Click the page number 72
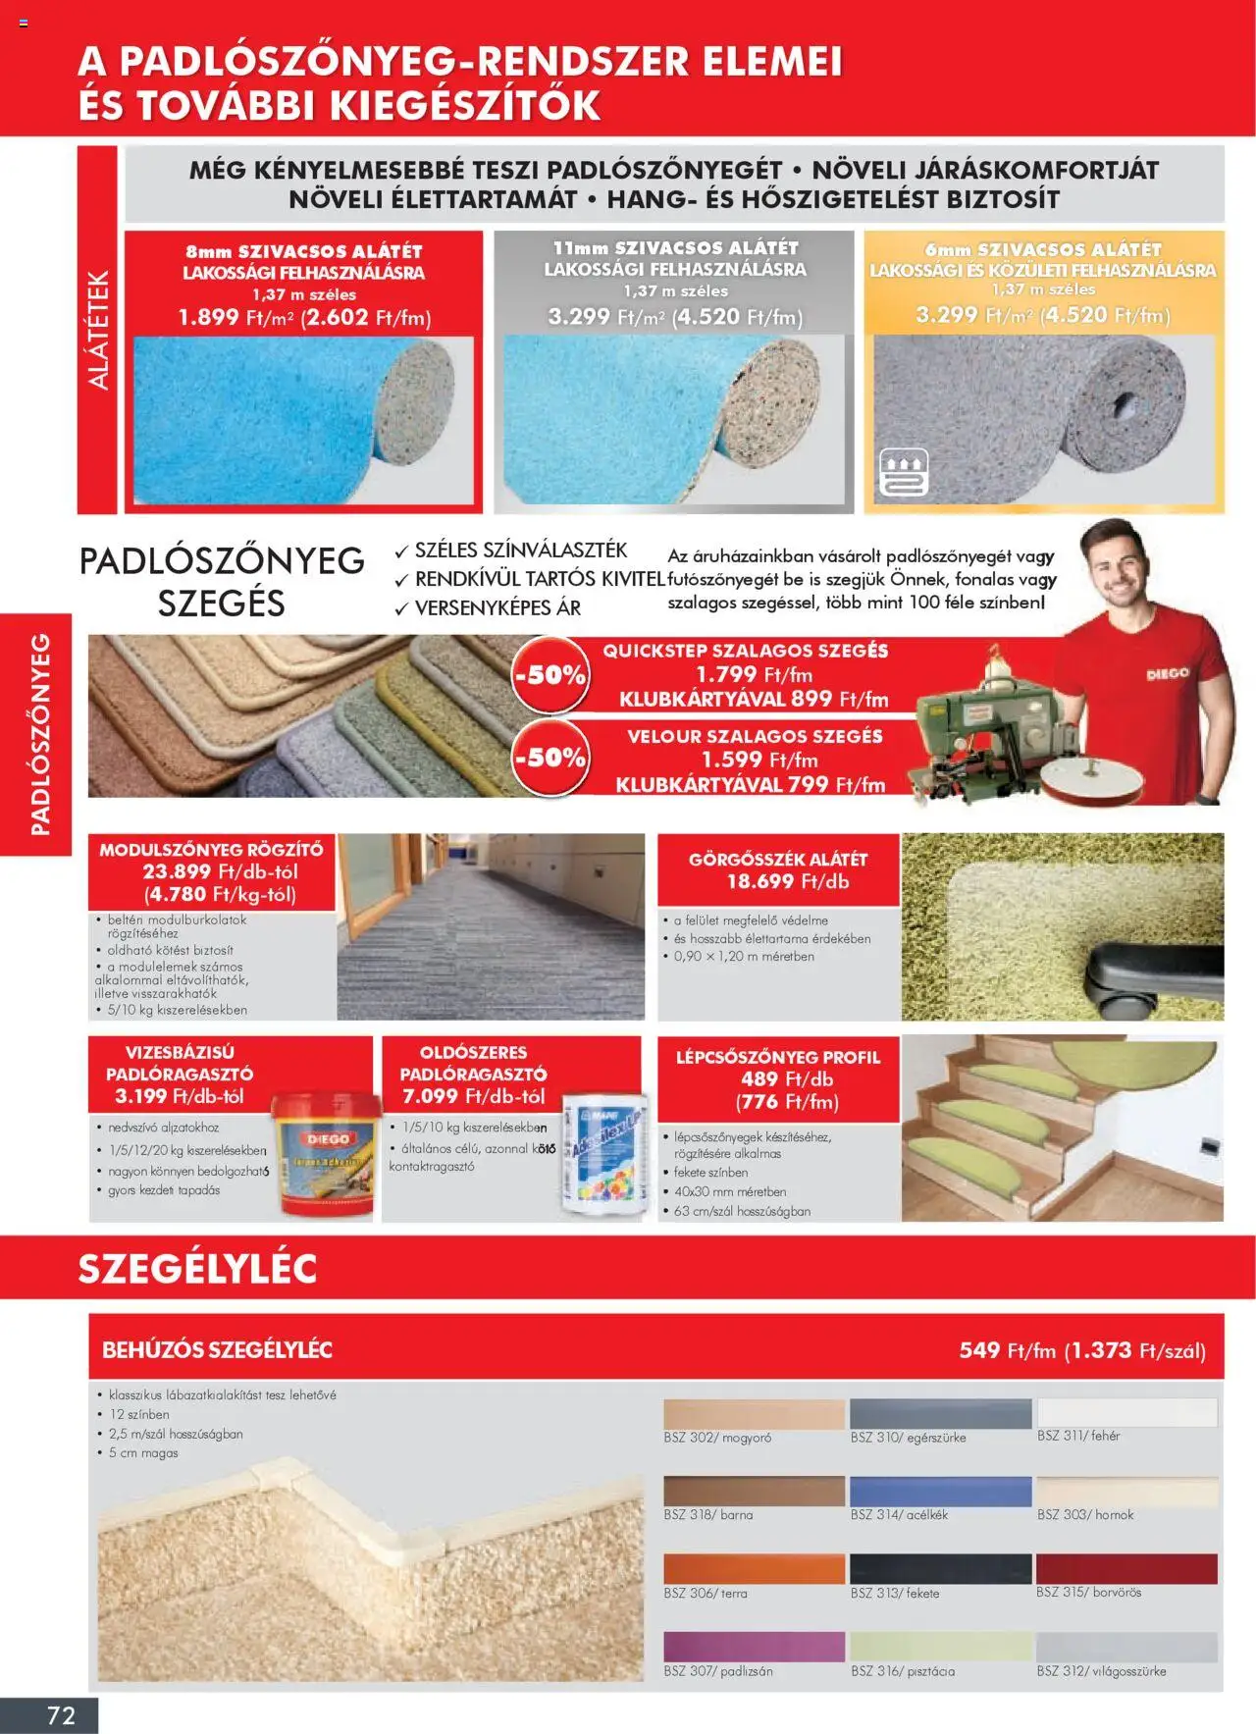point(61,1714)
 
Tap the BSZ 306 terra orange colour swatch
point(753,1567)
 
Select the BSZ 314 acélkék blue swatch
point(940,1491)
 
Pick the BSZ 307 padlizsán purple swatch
point(753,1646)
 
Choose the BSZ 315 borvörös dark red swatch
point(1126,1567)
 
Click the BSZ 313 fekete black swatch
point(940,1567)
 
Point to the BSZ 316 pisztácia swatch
point(940,1646)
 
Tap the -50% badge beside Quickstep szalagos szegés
point(549,675)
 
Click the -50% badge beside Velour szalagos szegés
point(549,758)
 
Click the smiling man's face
point(1128,570)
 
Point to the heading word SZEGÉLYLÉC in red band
point(197,1269)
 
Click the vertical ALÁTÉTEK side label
point(98,330)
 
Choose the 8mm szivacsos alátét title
point(303,251)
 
